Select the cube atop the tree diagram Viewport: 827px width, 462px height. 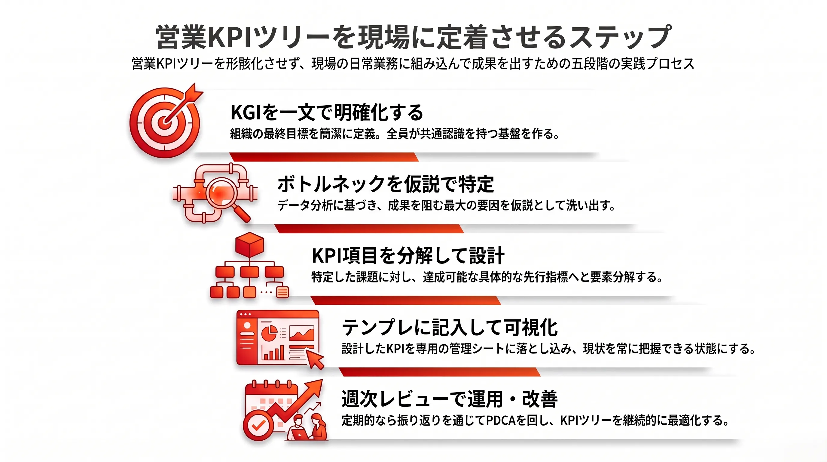coord(249,244)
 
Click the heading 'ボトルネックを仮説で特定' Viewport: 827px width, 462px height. coord(385,184)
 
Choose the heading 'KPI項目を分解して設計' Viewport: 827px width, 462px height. coord(408,256)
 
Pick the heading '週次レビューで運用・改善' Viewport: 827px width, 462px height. coord(450,399)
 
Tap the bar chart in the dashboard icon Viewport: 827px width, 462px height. coord(273,352)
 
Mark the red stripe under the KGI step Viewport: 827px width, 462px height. coord(324,157)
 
